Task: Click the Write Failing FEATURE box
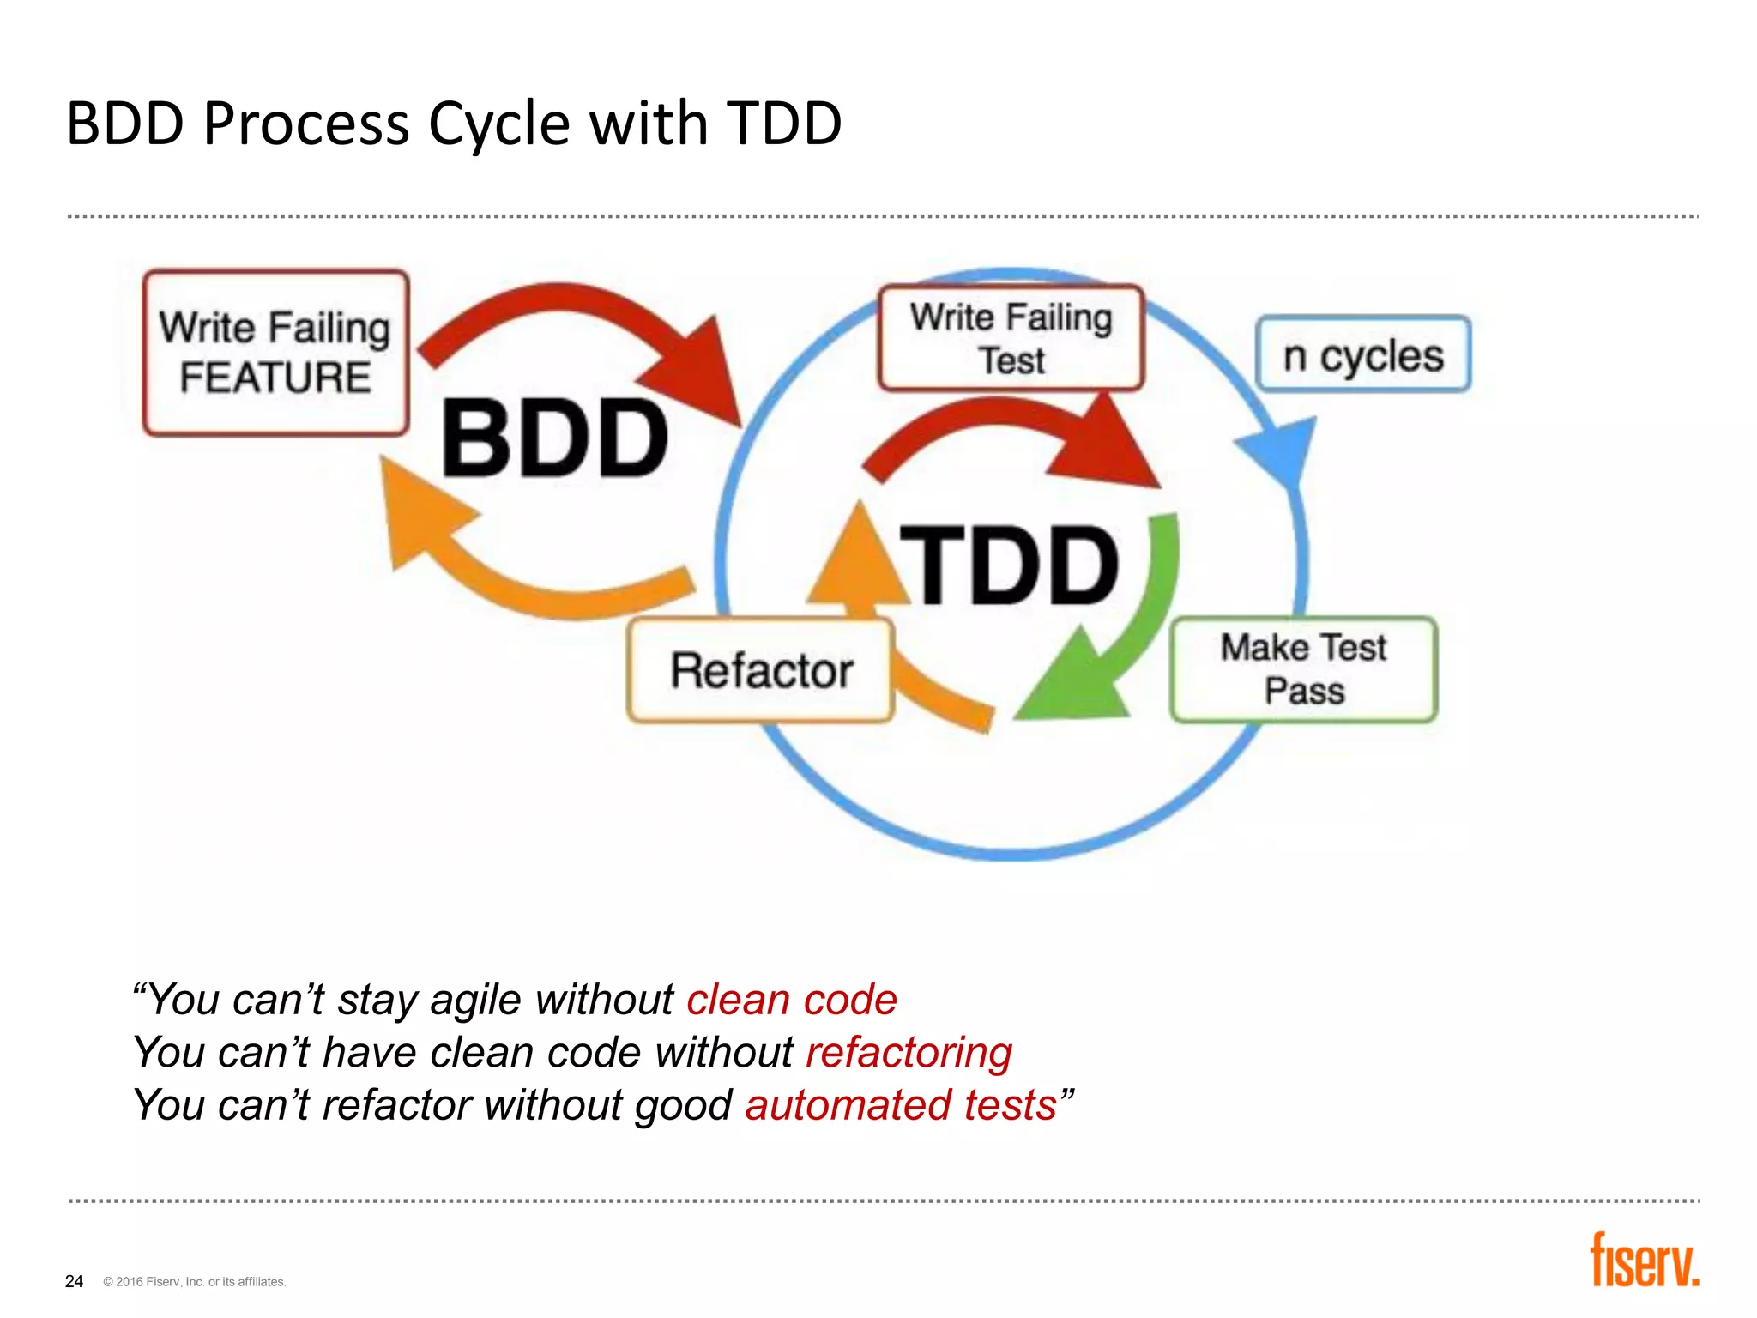275,353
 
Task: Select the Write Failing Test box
1011,338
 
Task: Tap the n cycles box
1362,354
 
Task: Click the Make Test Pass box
1303,669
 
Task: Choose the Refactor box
761,670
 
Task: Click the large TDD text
1009,565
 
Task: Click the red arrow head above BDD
699,369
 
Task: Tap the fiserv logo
1644,1261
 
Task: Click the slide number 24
74,1281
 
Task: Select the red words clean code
791,1000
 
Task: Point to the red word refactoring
909,1052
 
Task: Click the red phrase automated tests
900,1104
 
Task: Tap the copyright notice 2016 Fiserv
195,1282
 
